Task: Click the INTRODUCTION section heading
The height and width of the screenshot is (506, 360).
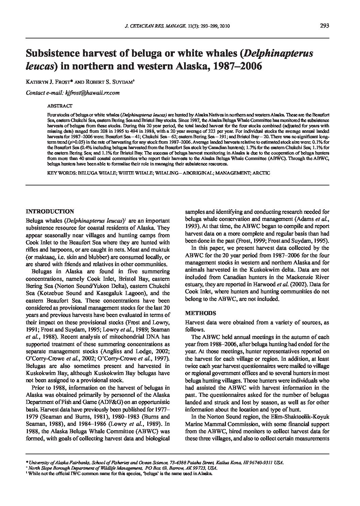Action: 50,211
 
